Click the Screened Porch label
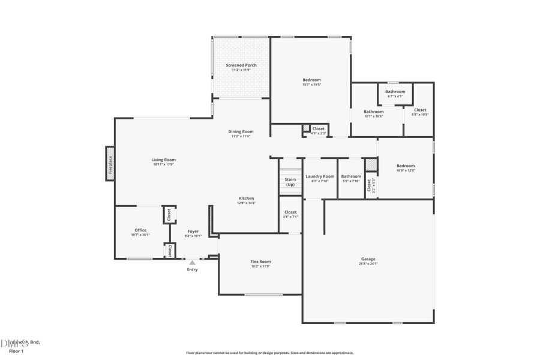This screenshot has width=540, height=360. coord(241,65)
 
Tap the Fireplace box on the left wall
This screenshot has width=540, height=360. coord(110,163)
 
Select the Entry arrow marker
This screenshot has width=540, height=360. coord(192,262)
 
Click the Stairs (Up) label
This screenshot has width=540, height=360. coord(290,182)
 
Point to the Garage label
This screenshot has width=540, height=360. coord(368,259)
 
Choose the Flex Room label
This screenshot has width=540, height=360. coord(260,261)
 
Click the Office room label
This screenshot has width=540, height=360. coord(140,230)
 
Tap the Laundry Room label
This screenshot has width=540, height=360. coord(320,176)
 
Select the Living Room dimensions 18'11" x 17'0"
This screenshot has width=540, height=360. coord(163,164)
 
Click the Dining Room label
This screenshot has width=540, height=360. coord(241,131)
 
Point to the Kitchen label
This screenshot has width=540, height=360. coord(247,198)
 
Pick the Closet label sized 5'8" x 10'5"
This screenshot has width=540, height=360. coord(420,110)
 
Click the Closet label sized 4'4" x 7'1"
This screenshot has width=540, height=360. coord(290,212)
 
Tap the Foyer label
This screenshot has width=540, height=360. coord(193,231)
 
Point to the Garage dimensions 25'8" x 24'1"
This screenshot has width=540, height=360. coord(368,263)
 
